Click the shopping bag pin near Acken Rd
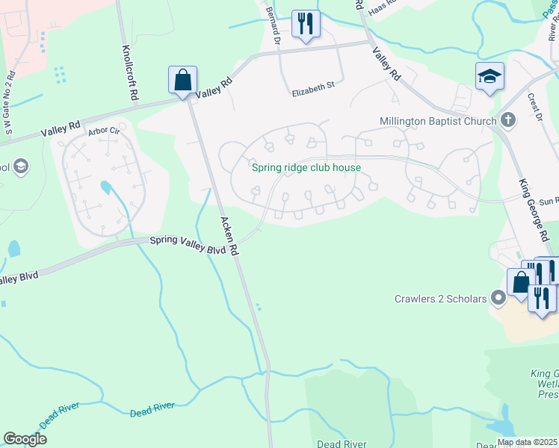click(182, 80)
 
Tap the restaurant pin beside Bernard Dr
click(305, 23)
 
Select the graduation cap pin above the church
click(489, 76)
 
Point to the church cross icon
click(508, 120)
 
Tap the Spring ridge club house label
click(306, 167)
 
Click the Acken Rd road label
click(229, 237)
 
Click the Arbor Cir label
click(104, 131)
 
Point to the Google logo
click(25, 439)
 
